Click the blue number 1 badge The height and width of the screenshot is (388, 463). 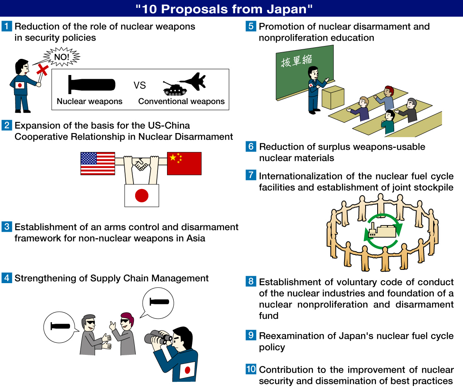tap(7, 26)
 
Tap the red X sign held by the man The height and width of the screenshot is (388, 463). tap(43, 70)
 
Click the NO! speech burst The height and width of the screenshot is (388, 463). tap(62, 56)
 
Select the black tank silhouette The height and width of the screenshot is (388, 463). tap(175, 88)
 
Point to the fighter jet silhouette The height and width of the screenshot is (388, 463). tap(192, 81)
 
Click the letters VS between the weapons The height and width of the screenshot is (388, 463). tap(140, 85)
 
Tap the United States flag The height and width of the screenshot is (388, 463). tap(98, 164)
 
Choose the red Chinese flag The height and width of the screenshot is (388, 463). tap(184, 164)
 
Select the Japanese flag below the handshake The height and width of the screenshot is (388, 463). tap(142, 196)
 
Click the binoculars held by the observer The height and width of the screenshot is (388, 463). tap(158, 337)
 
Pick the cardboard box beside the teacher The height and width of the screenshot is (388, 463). tap(333, 97)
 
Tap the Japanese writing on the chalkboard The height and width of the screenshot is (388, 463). tap(296, 61)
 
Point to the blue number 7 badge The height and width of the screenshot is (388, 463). tap(251, 175)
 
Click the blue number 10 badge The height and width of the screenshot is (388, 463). tap(251, 369)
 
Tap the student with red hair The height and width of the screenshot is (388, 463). tap(386, 98)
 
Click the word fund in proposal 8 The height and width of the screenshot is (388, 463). tap(269, 315)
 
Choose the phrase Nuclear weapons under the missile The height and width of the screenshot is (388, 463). tap(90, 101)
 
